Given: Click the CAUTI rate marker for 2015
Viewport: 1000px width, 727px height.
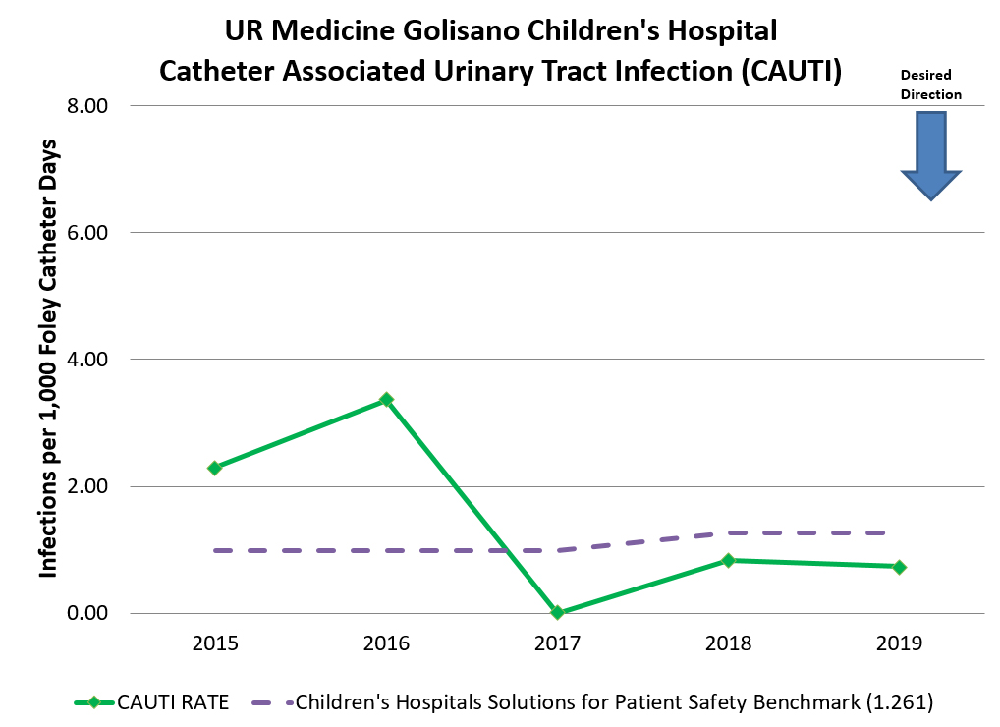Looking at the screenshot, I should tap(214, 468).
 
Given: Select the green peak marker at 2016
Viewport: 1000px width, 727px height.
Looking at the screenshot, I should tap(386, 400).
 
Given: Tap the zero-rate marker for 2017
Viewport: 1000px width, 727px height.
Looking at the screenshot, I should tap(557, 612).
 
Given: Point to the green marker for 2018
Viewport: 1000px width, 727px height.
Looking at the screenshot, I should tap(728, 560).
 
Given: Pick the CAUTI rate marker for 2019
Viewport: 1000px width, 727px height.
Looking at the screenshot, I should tap(899, 567).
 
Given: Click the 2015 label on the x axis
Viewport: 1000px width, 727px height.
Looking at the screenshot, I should tap(214, 643).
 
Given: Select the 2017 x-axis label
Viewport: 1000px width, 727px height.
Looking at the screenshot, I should tap(557, 643).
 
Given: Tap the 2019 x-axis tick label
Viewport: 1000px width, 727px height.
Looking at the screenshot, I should tap(899, 643).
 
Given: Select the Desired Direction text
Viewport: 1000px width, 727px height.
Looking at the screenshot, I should tap(930, 84).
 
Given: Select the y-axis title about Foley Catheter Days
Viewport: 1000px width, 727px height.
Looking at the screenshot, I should tap(48, 359).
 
